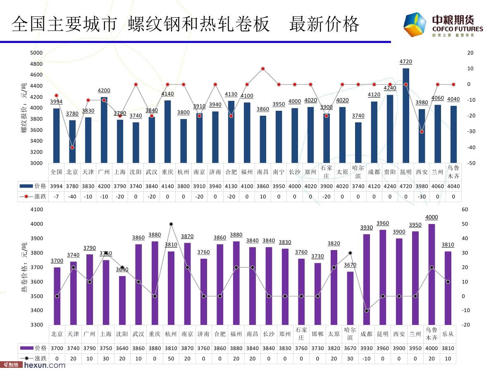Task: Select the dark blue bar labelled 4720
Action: point(406,116)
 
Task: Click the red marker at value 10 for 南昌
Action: point(263,69)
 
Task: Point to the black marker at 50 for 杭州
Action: point(171,224)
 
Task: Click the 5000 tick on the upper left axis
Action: point(36,53)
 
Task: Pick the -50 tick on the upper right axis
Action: point(470,163)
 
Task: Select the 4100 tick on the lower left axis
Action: point(37,210)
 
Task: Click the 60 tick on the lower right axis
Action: point(465,210)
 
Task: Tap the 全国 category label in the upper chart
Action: point(56,172)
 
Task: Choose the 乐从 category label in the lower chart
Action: point(448,334)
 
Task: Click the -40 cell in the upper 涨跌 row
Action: point(72,197)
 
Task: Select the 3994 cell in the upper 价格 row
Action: point(56,186)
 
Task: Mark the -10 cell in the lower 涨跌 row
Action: point(366,358)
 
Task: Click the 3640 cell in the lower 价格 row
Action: point(122,348)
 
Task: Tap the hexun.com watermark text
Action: point(45,365)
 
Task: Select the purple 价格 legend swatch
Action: point(27,348)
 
